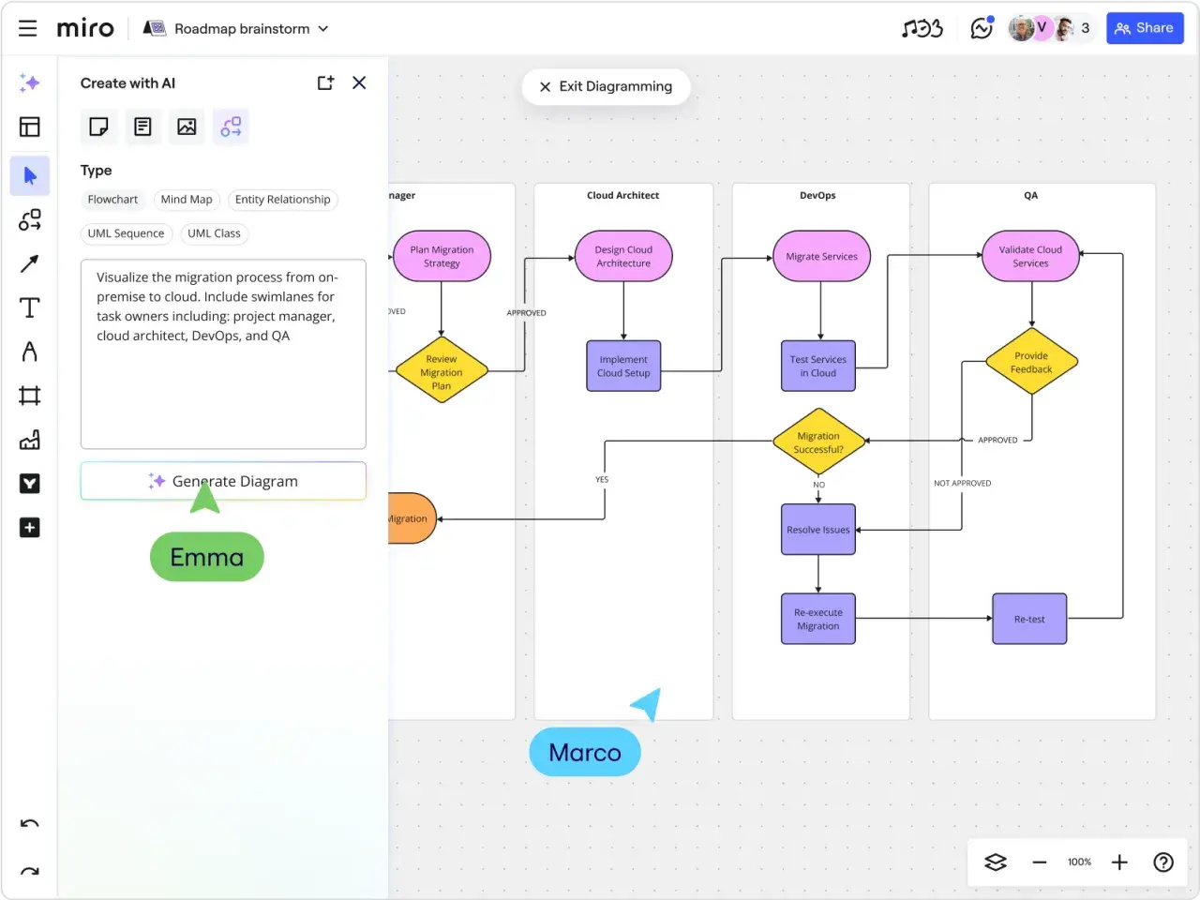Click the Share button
coord(1145,28)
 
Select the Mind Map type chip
coord(187,200)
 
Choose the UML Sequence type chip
coord(127,233)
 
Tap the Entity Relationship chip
coord(282,200)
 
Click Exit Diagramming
coord(606,86)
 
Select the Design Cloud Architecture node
coord(623,256)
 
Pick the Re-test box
coord(1029,619)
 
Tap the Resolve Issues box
coord(818,530)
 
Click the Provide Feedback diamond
coord(1031,362)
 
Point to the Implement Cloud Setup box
coord(623,367)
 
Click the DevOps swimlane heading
coord(817,195)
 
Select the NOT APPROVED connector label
coord(962,483)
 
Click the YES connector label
coord(601,479)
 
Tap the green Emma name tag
coord(206,557)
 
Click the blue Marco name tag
coord(585,752)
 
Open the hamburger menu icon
coord(27,28)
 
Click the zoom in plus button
coord(1119,862)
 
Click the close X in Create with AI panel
coord(359,83)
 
